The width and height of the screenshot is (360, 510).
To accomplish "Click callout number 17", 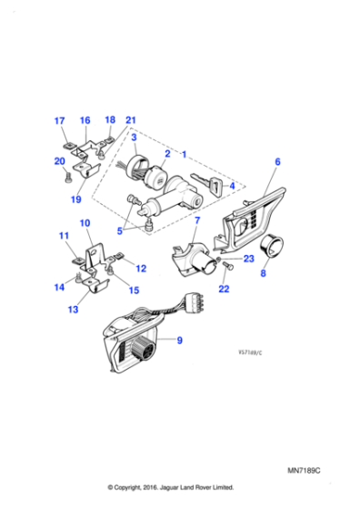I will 59,121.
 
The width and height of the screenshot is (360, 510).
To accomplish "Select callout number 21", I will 131,121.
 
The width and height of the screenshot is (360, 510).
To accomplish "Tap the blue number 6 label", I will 277,161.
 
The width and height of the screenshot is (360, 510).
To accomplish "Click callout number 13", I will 74,310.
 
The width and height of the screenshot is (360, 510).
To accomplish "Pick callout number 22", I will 225,289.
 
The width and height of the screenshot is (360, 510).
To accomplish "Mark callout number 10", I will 85,223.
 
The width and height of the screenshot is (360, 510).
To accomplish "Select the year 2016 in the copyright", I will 155,487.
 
